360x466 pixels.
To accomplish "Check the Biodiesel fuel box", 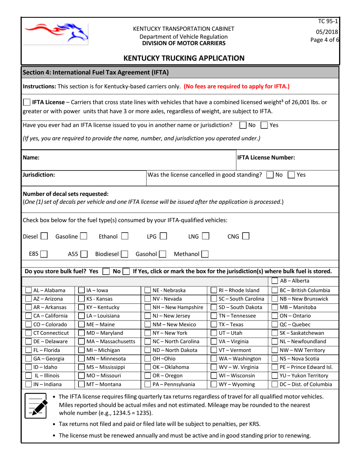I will pos(124,253).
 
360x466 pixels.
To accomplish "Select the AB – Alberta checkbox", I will pos(274,281).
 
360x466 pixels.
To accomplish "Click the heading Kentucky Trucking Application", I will pos(184,58).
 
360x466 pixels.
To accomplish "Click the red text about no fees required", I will pos(236,86).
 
